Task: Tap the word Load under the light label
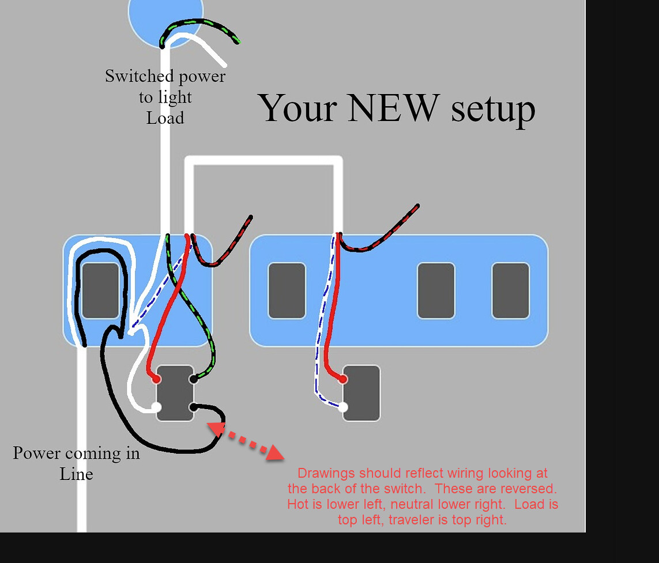coord(165,118)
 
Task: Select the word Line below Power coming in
coord(76,474)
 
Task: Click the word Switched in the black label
coord(139,76)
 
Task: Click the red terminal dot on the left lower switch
coord(156,379)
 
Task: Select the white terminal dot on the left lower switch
coord(156,407)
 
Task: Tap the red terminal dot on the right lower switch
coord(343,379)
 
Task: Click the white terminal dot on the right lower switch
coord(343,407)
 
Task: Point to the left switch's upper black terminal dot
coord(194,379)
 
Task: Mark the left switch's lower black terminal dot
coord(194,407)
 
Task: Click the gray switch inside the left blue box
coord(100,290)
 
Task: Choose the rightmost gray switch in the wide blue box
coord(510,290)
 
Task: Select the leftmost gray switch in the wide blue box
coord(287,290)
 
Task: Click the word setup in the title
coord(493,108)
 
